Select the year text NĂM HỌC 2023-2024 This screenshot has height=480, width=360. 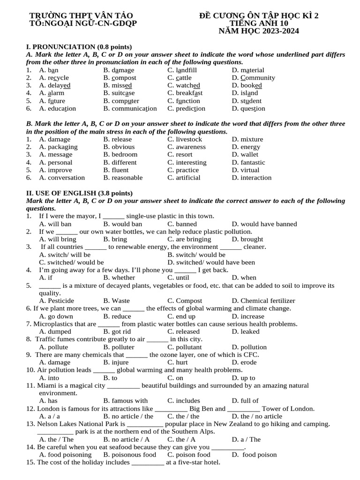click(259, 31)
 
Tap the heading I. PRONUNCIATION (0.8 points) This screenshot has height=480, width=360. click(79, 47)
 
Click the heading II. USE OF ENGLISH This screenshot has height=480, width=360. click(79, 193)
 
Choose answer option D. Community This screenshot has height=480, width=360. click(253, 78)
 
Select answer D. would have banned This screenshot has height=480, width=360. click(264, 224)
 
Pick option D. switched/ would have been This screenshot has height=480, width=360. click(211, 262)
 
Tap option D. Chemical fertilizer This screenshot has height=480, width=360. click(263, 301)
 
